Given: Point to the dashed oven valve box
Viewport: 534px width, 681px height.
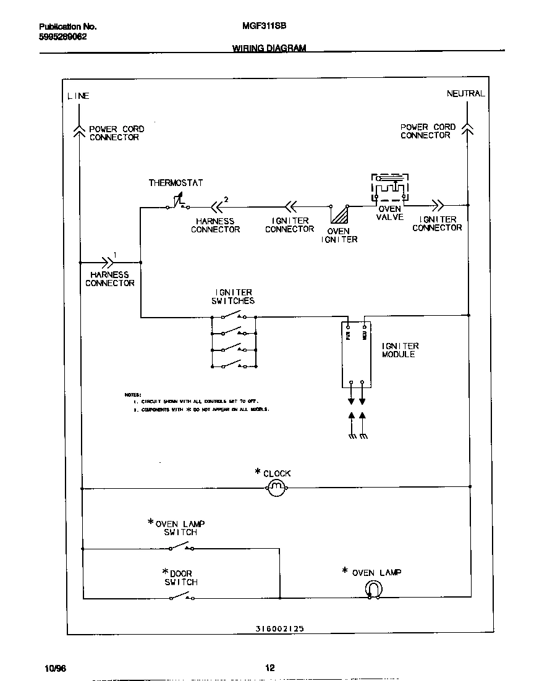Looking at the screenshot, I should coord(389,188).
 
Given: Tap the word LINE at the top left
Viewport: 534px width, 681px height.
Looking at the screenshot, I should coord(78,96).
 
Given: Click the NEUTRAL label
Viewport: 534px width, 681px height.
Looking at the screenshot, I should coord(465,93).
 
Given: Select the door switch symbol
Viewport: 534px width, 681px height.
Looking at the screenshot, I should coord(182,596).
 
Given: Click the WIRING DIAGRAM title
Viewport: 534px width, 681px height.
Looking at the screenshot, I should coord(269,48).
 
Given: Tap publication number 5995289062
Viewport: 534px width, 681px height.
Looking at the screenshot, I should coord(63,36).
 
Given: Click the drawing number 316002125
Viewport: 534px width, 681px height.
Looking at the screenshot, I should coord(279,628).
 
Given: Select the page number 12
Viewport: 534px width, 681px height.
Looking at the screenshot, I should coord(269,667).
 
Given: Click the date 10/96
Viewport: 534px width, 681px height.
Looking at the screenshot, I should coord(54,669).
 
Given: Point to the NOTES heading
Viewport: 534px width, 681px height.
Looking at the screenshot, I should coord(132,394).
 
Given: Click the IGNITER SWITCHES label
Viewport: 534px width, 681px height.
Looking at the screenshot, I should coord(234,297).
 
